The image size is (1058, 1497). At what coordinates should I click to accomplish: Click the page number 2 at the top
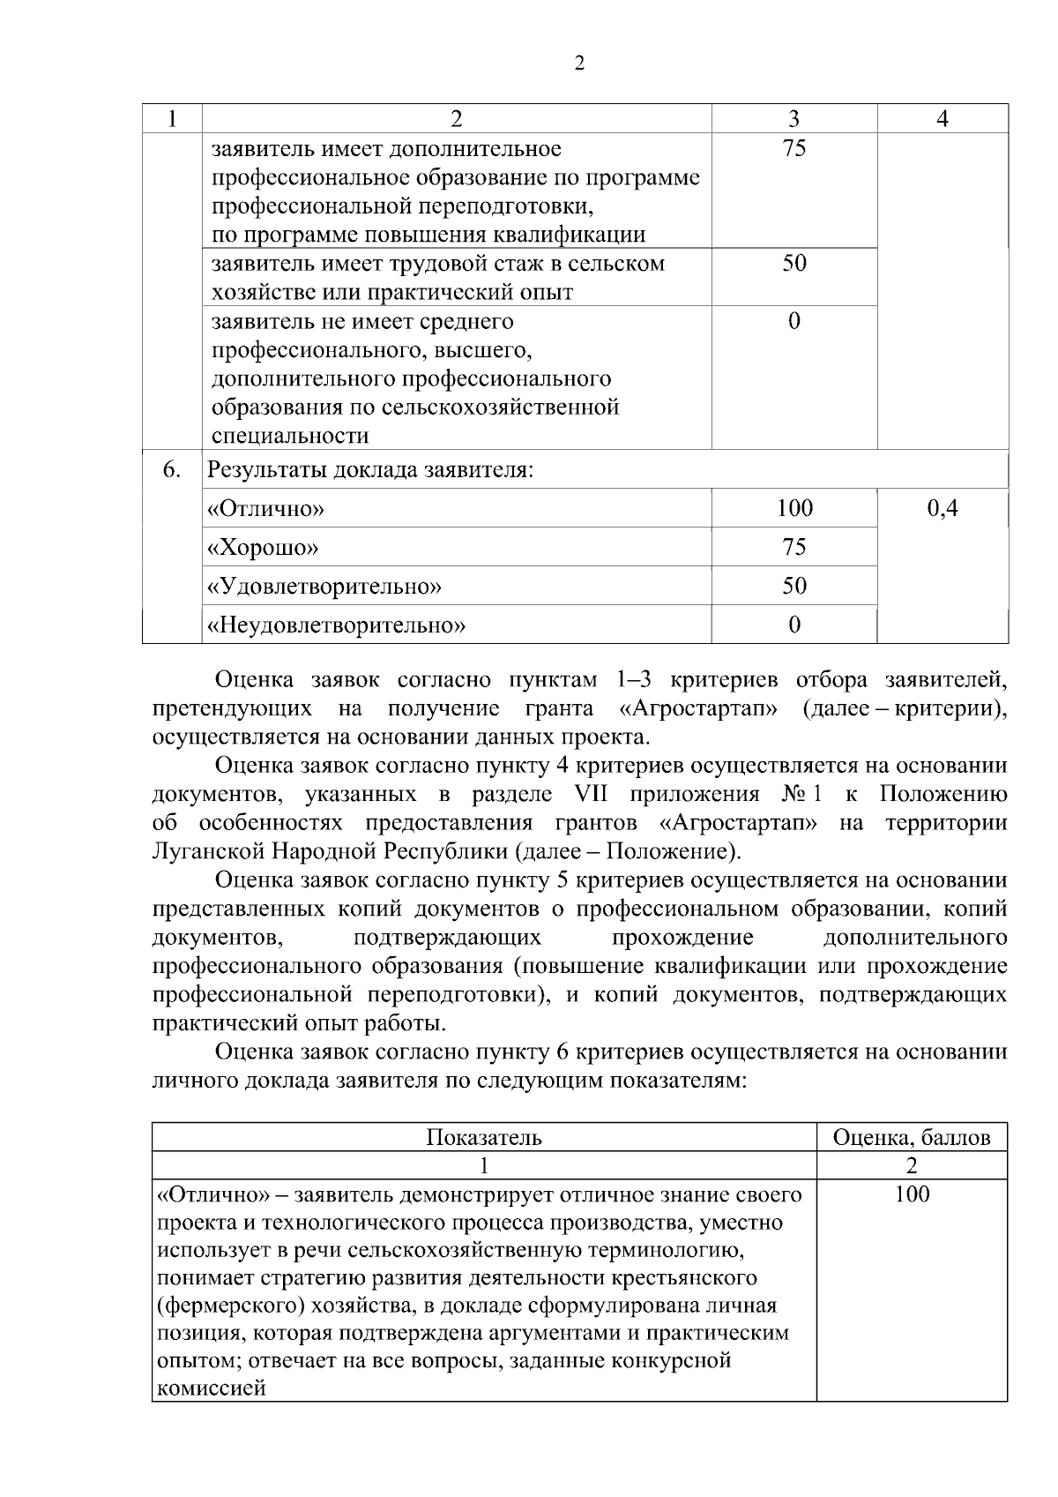tap(579, 64)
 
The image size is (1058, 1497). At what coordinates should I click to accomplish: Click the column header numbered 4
tap(943, 119)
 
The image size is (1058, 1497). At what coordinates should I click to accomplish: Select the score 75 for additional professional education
tap(793, 148)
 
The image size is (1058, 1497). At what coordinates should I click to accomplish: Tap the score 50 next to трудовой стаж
tap(793, 264)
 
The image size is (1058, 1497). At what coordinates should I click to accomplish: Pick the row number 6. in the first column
tap(172, 469)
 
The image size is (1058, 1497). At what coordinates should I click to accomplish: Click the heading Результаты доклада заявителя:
tap(370, 470)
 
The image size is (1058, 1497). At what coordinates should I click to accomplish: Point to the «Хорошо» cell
tap(262, 548)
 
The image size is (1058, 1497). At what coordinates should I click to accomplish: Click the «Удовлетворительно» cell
tap(324, 587)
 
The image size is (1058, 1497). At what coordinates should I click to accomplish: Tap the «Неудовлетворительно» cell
tap(336, 625)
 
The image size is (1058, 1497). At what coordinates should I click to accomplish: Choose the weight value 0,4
tap(943, 509)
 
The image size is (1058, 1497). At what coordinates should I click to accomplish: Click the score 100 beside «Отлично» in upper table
tap(793, 509)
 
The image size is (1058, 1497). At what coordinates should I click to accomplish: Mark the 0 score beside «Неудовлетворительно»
tap(793, 625)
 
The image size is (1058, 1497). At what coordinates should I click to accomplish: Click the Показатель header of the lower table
tap(483, 1138)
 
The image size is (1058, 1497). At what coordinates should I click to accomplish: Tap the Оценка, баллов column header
tap(912, 1138)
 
